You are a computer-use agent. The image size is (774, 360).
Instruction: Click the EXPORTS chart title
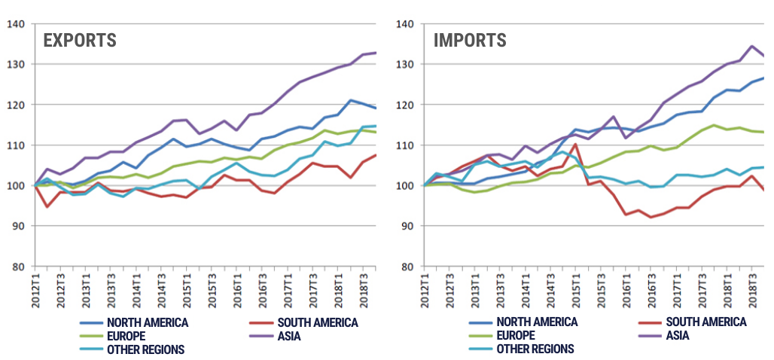(79, 40)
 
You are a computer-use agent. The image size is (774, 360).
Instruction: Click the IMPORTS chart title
(470, 40)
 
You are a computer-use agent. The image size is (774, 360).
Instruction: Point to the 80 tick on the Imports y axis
(407, 266)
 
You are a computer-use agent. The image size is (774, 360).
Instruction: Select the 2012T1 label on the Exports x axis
(35, 291)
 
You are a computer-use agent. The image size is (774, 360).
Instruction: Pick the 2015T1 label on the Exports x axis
(187, 291)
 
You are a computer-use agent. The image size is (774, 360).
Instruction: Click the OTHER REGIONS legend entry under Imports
(535, 349)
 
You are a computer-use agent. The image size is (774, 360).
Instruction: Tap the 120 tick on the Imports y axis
(407, 105)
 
